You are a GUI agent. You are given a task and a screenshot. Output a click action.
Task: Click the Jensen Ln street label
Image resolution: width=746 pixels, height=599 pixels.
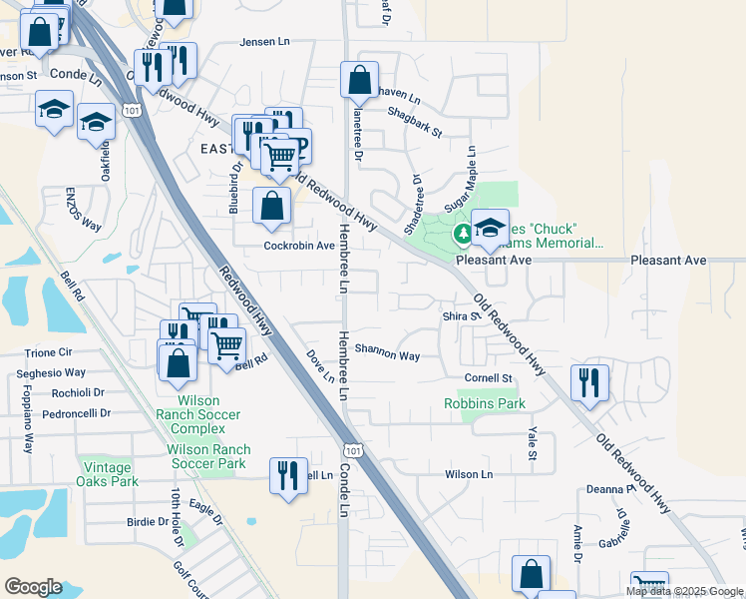(264, 42)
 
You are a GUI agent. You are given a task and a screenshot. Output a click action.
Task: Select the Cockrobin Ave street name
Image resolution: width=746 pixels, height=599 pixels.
(298, 246)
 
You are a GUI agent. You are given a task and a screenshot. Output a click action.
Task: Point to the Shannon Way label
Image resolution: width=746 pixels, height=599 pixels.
(388, 354)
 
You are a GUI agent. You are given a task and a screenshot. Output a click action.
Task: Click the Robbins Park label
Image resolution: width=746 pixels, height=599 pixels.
(485, 404)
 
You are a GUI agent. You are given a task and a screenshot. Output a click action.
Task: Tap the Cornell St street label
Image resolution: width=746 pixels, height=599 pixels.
(488, 378)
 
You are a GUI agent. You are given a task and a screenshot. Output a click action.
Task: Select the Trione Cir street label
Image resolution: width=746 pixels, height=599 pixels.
(49, 352)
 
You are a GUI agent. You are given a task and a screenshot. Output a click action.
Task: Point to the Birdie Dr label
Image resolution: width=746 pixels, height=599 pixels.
(148, 521)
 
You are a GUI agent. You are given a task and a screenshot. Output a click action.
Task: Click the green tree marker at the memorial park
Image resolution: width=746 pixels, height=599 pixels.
(463, 235)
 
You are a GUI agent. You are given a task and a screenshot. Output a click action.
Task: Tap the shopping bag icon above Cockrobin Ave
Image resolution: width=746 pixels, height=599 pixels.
(271, 207)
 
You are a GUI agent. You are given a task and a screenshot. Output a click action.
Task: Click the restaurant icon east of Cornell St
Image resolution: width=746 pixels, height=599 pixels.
(589, 382)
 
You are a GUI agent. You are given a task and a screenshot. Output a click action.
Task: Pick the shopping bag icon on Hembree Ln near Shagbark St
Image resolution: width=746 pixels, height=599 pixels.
(359, 80)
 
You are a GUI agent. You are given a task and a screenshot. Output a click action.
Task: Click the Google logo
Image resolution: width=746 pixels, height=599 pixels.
(33, 587)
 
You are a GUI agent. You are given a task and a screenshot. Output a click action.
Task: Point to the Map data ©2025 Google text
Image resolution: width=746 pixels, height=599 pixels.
(684, 591)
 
